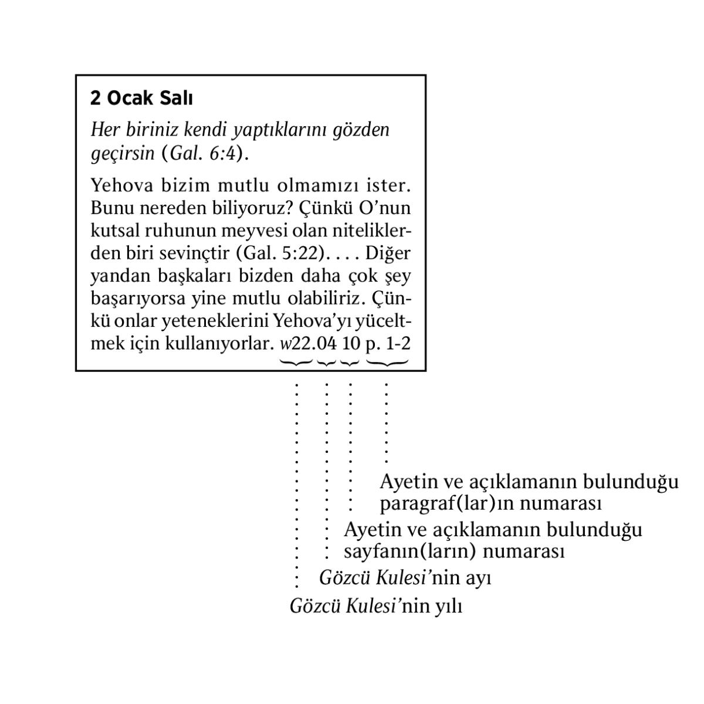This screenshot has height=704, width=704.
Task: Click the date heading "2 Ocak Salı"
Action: click(x=141, y=98)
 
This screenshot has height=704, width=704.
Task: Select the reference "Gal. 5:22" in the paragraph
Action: click(x=280, y=253)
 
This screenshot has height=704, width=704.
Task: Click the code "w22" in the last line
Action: click(x=296, y=344)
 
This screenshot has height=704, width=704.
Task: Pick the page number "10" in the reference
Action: click(x=350, y=344)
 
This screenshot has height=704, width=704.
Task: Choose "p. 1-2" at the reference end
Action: click(x=387, y=344)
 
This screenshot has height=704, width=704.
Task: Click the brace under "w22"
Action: click(x=296, y=363)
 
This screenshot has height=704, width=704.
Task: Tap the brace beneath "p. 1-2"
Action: click(x=387, y=363)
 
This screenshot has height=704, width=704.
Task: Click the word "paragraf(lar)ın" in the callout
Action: click(x=448, y=504)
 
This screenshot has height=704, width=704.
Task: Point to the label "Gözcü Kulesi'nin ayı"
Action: click(x=405, y=578)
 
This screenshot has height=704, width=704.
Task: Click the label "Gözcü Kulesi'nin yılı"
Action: click(x=376, y=606)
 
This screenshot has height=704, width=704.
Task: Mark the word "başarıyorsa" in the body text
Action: click(x=138, y=299)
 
